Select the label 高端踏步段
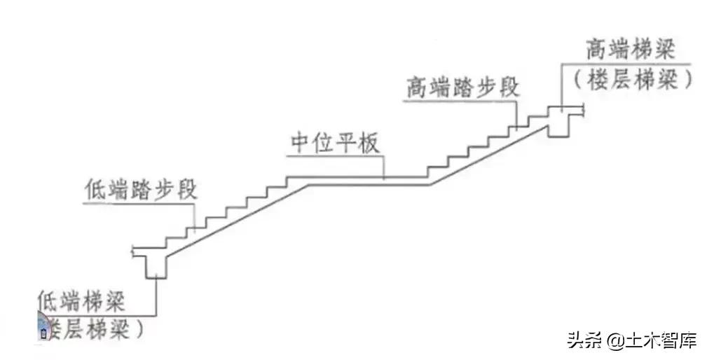coord(462,89)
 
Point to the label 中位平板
coord(335,144)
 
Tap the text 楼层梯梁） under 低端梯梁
coord(94,328)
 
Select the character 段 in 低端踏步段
coord(184,191)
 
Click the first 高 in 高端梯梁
coord(596,52)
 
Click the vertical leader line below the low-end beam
coord(155,297)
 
